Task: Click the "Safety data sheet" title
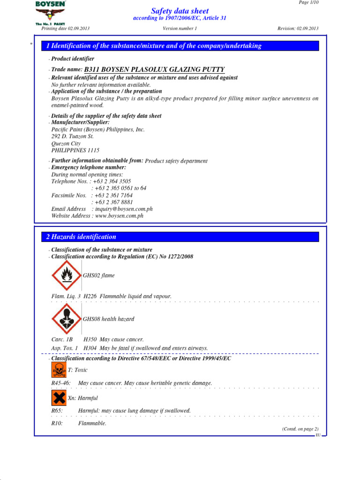click(180, 11)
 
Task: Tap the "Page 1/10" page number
click(308, 3)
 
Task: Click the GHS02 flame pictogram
click(67, 276)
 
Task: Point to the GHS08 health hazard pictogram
click(67, 319)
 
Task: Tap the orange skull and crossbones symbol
click(59, 370)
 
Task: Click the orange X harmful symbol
click(59, 398)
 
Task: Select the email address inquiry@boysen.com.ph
click(122, 209)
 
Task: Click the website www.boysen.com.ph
click(119, 216)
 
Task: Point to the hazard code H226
click(90, 297)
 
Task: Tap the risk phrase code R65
click(57, 411)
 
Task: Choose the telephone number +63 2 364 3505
click(112, 181)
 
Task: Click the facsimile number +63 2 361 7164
click(113, 195)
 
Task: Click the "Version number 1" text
click(180, 29)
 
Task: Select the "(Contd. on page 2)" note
click(300, 429)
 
